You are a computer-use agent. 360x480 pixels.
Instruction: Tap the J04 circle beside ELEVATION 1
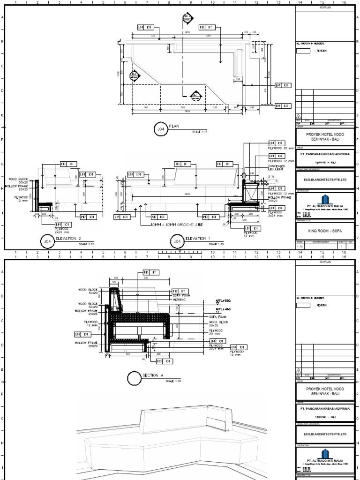(177, 241)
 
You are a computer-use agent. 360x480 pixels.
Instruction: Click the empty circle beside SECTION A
(135, 377)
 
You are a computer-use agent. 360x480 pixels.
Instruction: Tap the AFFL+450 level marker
(223, 309)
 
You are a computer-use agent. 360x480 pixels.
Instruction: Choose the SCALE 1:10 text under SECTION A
(173, 381)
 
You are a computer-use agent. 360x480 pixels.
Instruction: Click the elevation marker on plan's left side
(135, 75)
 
